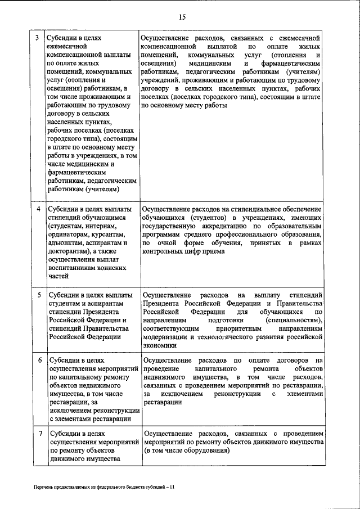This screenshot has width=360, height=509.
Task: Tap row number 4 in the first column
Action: tap(37, 209)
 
